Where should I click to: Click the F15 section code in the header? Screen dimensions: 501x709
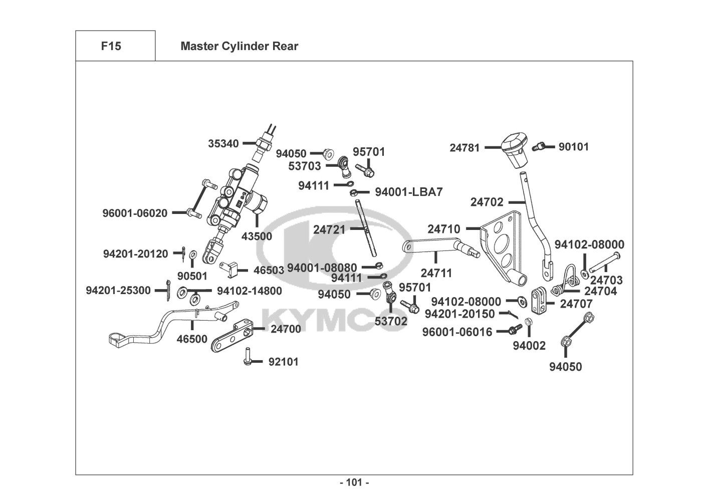pos(111,47)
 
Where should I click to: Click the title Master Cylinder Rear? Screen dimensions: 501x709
pos(239,47)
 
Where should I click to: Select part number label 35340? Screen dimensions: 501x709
pos(223,144)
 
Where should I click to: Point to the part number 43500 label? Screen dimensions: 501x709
pos(257,236)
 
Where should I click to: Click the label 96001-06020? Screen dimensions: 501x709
pos(135,213)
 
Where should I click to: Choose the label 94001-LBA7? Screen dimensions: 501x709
pos(409,192)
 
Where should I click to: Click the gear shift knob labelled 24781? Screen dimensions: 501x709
pos(514,148)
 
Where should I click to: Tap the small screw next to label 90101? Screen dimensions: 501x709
pos(538,147)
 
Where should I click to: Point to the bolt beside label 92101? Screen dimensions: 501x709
pos(247,356)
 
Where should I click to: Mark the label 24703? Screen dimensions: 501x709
pos(606,280)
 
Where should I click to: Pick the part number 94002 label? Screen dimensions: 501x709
pos(529,345)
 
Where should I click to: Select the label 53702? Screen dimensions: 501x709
pos(391,321)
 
